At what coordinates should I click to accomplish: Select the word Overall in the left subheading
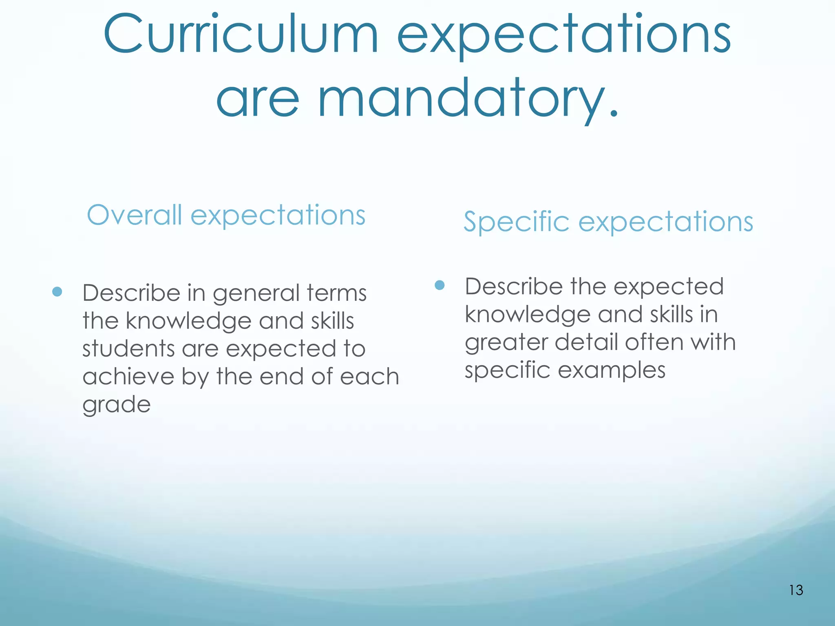(134, 215)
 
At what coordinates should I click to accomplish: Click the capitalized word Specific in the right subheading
(516, 222)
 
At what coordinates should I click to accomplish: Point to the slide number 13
(796, 590)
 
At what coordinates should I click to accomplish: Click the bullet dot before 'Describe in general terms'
(57, 292)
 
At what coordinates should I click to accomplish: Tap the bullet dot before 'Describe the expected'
(440, 285)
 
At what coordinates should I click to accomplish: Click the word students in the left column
(128, 349)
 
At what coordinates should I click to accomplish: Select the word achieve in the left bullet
(128, 377)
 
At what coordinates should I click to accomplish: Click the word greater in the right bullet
(506, 342)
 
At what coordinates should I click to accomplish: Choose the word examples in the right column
(612, 370)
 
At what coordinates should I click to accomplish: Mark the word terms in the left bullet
(337, 293)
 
